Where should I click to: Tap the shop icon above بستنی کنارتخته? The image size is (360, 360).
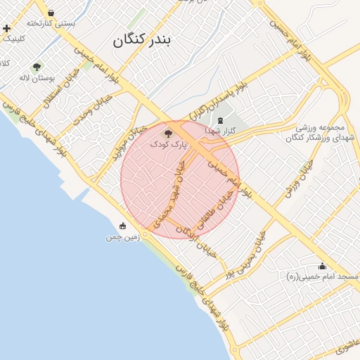coord(51,12)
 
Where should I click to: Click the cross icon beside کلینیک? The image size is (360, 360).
coord(6,29)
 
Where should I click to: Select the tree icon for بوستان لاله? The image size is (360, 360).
coord(37,67)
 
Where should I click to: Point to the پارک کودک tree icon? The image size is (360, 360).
coord(167,132)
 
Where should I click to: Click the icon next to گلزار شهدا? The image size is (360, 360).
coord(221,120)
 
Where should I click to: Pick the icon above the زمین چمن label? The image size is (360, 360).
coord(123,226)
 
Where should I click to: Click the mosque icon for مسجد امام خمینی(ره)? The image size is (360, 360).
coord(322,266)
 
